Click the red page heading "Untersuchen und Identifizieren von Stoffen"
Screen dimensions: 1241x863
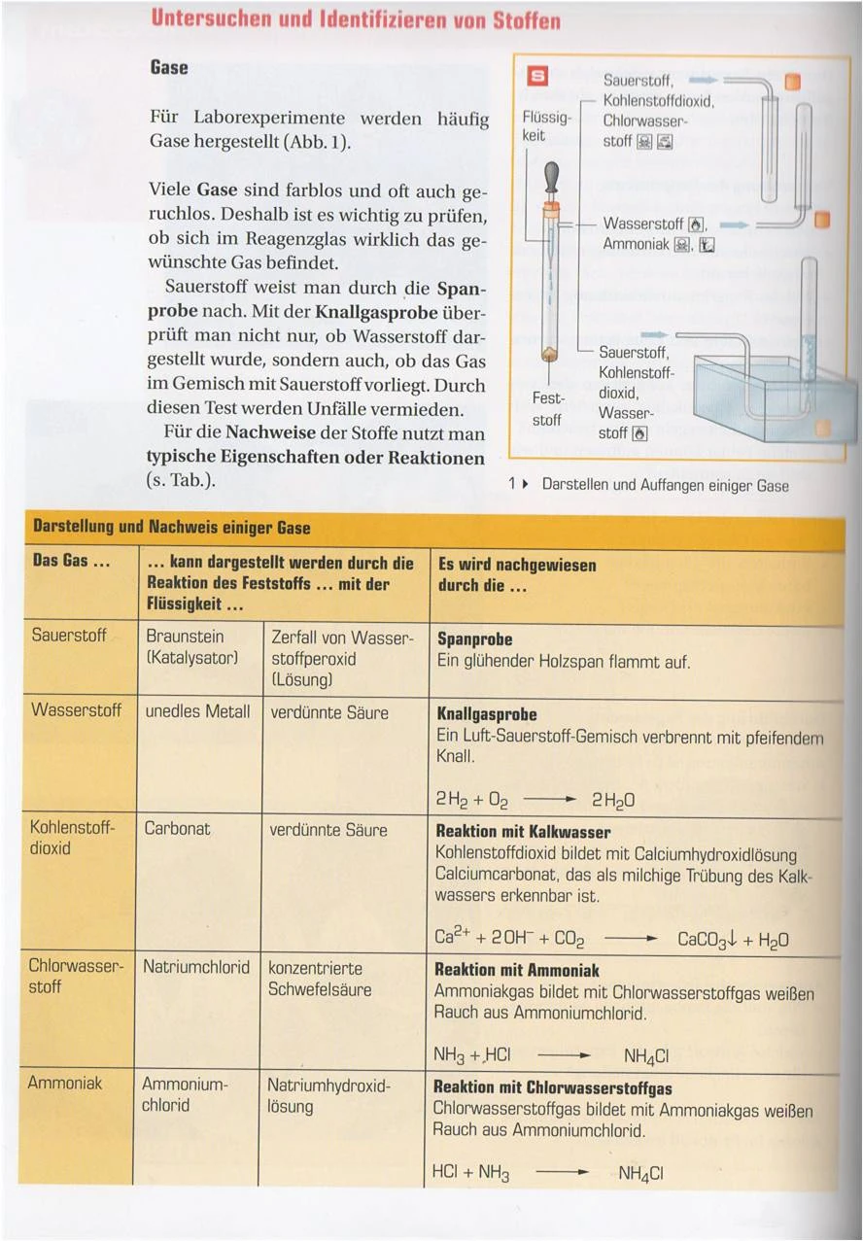click(x=356, y=20)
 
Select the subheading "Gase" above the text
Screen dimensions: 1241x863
click(x=169, y=68)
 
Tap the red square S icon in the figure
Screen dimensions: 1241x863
click(x=536, y=77)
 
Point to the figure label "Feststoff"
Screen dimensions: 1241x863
click(x=547, y=409)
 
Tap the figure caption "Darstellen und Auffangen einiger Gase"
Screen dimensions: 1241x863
click(x=665, y=485)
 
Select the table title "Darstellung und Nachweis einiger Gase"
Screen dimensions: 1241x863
click(x=172, y=528)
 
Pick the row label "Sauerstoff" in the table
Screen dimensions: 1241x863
click(x=69, y=636)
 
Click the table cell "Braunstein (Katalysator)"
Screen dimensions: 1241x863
click(x=191, y=647)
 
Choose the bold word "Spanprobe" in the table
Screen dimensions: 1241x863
click(x=475, y=639)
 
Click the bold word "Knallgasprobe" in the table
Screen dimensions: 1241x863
click(x=487, y=714)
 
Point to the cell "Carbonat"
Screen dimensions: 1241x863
click(x=177, y=829)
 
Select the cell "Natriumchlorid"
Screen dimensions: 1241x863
click(x=195, y=968)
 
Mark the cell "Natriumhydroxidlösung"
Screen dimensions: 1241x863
click(x=328, y=1095)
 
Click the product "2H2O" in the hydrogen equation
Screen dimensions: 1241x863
click(x=613, y=802)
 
